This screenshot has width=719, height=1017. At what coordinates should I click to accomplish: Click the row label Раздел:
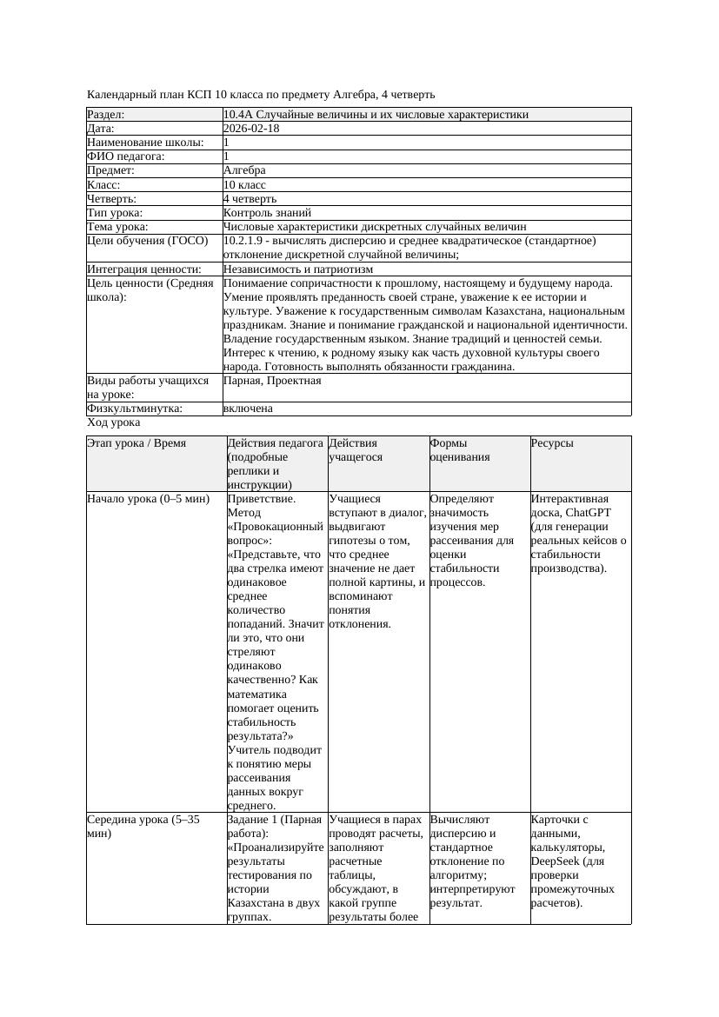coord(106,115)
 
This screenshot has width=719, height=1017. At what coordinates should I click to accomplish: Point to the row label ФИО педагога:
coord(126,156)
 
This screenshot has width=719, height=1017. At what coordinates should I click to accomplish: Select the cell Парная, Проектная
coord(272,381)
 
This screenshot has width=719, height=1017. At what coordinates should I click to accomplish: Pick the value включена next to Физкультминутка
coord(248,409)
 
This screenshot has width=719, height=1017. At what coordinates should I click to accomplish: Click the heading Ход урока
coord(114,422)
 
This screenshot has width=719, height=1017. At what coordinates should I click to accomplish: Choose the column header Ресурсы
coord(552,443)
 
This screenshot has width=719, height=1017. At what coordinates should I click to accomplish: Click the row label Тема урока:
coord(118,227)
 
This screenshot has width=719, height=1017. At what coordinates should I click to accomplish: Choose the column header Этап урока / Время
coord(136,443)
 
